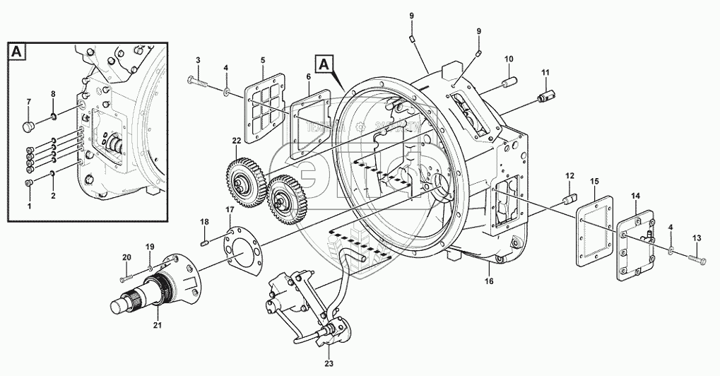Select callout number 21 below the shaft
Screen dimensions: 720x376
click(156, 326)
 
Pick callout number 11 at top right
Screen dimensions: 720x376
click(545, 72)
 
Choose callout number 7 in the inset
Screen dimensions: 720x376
click(28, 103)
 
